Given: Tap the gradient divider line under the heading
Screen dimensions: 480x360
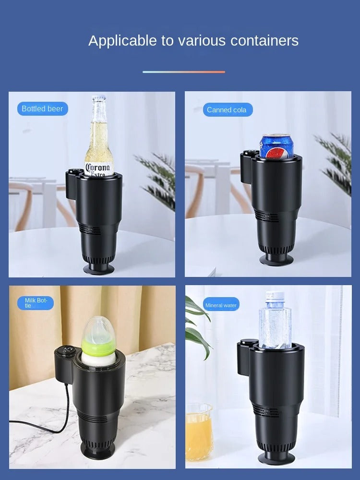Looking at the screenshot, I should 183,72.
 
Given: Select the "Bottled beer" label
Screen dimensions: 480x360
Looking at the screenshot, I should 42,109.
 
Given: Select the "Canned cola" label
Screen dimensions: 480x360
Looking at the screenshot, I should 227,110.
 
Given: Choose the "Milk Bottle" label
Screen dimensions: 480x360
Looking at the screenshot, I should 36,303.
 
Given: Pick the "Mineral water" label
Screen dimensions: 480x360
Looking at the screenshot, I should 221,305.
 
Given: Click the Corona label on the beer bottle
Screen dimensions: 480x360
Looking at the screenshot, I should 99,168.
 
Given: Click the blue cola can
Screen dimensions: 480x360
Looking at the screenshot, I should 276,147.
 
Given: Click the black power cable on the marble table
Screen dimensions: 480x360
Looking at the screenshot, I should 58,422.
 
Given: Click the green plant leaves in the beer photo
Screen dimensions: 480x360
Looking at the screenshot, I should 158,178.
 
